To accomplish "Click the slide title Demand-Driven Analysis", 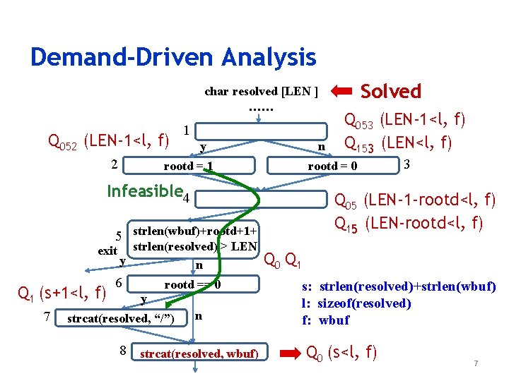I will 173,56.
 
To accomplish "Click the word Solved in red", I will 391,91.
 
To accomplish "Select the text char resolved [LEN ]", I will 261,92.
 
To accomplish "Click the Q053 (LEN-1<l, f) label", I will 404,120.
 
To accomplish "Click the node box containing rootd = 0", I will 332,167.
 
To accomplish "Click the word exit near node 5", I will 107,250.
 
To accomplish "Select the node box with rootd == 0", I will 192,285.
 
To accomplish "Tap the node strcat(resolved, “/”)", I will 121,318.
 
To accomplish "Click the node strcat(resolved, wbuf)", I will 200,353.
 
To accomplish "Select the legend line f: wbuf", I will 325,320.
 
